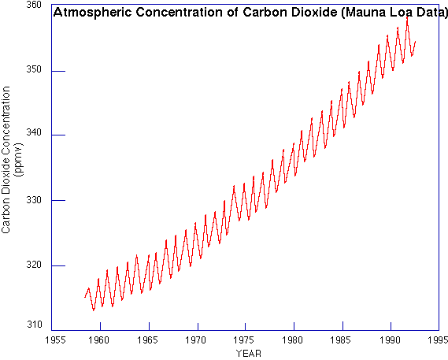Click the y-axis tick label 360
(34, 6)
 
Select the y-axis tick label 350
(34, 70)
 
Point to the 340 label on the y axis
(34, 135)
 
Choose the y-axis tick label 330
(34, 200)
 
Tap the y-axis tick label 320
(34, 265)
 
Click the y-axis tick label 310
(34, 325)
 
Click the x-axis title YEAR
(247, 354)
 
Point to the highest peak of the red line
(407, 17)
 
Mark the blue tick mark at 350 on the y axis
(57, 71)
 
